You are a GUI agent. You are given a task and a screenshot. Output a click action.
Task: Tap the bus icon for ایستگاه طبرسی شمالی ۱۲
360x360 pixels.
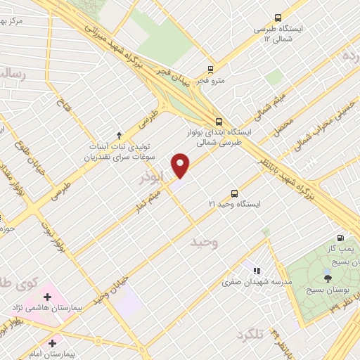[x=278, y=18]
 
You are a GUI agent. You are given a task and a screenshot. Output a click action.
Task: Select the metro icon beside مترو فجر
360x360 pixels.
[x=210, y=69]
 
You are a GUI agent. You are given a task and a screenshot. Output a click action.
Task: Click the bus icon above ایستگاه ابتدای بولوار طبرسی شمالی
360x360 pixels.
[x=220, y=121]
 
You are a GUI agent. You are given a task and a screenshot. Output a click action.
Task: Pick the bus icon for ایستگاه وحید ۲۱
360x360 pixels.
[x=234, y=193]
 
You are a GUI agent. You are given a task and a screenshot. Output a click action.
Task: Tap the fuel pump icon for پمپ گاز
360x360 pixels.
[x=341, y=238]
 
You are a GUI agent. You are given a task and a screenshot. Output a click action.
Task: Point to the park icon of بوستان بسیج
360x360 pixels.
[x=327, y=271]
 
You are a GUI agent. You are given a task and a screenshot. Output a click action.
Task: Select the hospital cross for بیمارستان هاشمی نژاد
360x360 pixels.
[x=48, y=297]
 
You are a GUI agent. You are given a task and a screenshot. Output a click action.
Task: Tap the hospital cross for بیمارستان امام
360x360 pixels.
[x=53, y=343]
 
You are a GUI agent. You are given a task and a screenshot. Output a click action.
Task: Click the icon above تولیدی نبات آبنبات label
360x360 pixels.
[x=119, y=134]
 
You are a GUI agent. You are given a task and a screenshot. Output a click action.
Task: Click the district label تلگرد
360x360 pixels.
[x=250, y=333]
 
